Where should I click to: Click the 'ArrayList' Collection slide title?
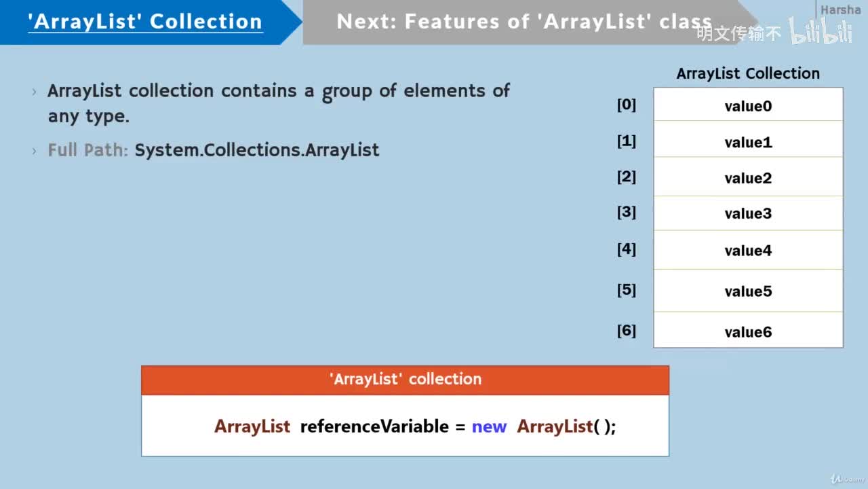click(145, 21)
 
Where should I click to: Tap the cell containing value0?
click(748, 106)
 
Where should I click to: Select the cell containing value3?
click(748, 213)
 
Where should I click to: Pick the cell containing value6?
click(748, 331)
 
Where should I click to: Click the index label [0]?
click(626, 105)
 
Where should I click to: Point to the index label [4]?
click(626, 249)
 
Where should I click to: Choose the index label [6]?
click(626, 331)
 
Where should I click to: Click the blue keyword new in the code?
click(489, 427)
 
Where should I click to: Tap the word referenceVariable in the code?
click(374, 427)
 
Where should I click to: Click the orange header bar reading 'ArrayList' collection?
click(405, 380)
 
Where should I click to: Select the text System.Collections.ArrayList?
click(256, 150)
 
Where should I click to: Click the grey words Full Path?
click(87, 150)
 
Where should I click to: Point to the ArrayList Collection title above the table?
click(748, 73)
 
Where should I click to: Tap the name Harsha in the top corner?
click(840, 10)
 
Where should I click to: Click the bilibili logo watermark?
click(821, 32)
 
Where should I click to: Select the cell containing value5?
click(748, 291)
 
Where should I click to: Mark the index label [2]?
click(626, 177)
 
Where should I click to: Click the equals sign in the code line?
click(460, 427)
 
